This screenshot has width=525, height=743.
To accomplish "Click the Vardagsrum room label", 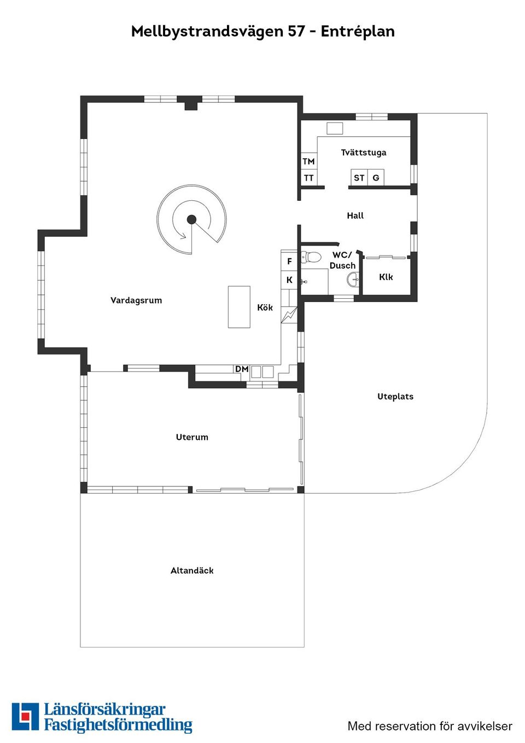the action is pos(136,300).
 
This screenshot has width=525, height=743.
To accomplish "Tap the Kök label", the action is pos(265,307).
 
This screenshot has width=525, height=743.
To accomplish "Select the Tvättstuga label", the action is pos(364,153).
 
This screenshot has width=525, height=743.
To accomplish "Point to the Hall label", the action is pos(355,216).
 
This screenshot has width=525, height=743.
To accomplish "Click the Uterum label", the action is pos(192,437).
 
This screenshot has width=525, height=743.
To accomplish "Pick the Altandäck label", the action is pos(192,571).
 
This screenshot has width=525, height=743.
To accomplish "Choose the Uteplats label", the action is pos(395,396).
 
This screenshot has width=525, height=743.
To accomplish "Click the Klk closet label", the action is pos(386,277).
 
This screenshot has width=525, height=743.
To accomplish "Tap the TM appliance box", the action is pos(309,161).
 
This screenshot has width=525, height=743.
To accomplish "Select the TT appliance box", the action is pos(309,178).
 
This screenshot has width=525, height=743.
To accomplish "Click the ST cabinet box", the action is pos(359,178).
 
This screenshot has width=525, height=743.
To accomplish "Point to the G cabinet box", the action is pos(376,178).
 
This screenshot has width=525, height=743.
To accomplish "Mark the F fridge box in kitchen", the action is pos(289,262).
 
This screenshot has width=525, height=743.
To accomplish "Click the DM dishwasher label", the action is pos(242,369).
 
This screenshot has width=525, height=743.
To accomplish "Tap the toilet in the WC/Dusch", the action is pos(312,257).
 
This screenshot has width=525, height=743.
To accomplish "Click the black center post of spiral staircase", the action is pos(191,219).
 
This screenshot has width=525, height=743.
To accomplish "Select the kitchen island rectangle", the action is pos(239,307).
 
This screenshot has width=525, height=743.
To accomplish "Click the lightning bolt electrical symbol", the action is pos(289,315).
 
